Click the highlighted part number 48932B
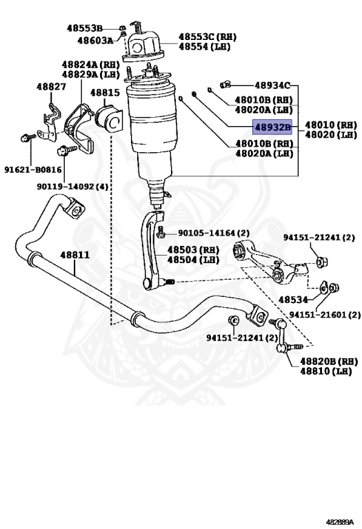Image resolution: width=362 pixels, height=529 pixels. tap(273, 127)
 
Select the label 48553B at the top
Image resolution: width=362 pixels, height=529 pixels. tap(84, 28)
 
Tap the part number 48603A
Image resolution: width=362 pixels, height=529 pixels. tap(94, 41)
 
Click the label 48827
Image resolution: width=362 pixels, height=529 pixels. tap(52, 87)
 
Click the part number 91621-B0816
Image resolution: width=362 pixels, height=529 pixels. tap(32, 169)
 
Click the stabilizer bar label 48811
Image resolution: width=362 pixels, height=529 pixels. tap(74, 255)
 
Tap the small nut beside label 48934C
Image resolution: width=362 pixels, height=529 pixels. tap(225, 85)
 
